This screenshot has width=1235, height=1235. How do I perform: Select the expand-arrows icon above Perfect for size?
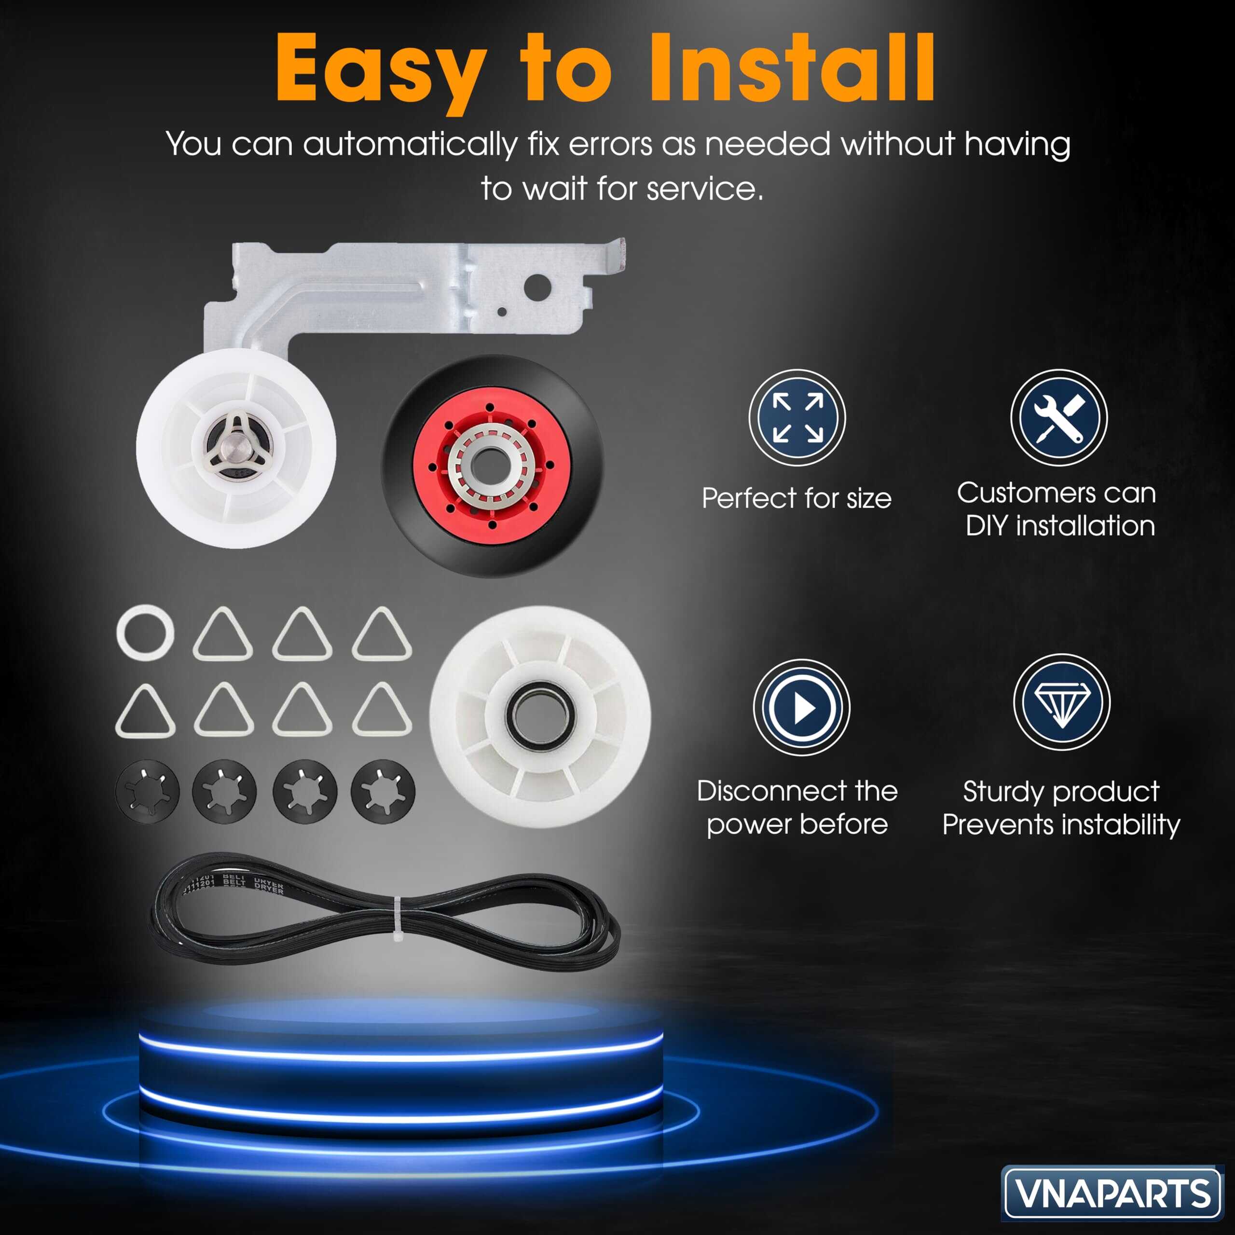point(797,418)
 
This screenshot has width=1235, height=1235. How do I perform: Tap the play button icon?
point(802,708)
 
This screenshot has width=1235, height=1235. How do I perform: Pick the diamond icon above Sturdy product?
point(1062,702)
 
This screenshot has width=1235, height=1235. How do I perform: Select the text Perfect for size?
point(796,498)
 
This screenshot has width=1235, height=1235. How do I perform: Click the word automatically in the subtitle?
point(410,144)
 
